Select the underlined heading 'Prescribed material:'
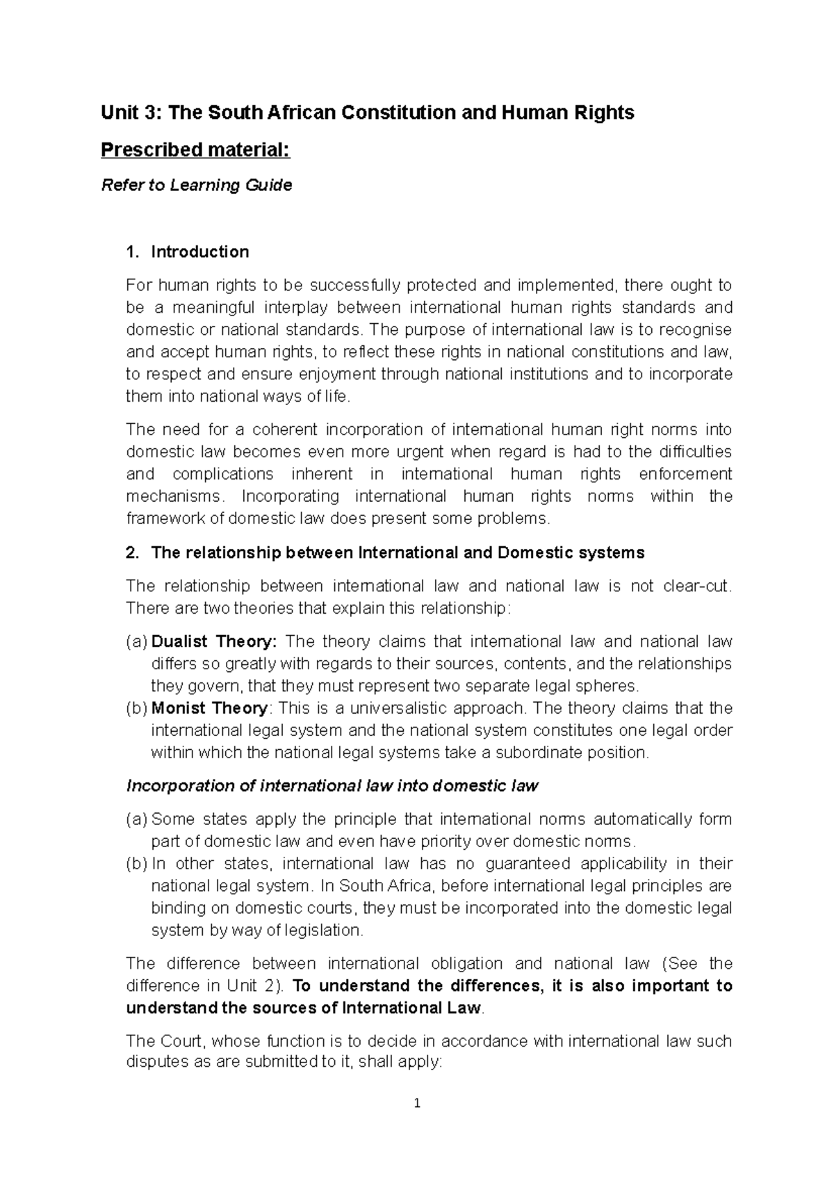point(195,149)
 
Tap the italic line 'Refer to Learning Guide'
point(197,186)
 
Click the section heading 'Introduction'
point(199,252)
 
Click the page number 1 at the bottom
point(416,1103)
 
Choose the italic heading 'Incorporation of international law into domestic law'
point(332,786)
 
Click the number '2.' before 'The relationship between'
point(133,552)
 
